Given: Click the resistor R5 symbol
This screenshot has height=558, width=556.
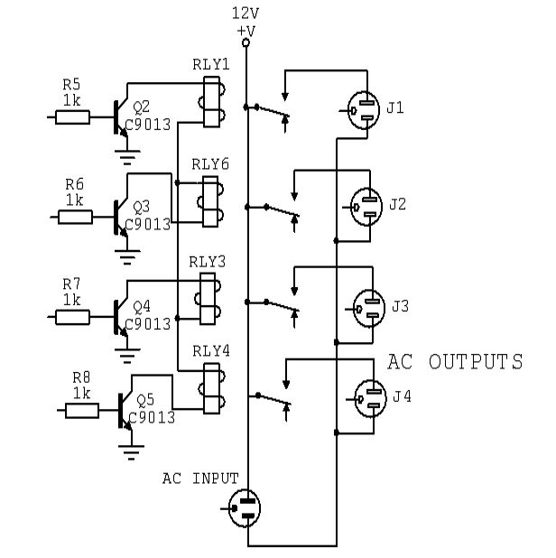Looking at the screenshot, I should [x=72, y=116].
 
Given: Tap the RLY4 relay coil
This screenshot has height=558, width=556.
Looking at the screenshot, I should [x=210, y=388].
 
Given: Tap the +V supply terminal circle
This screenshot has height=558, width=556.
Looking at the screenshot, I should [x=246, y=42].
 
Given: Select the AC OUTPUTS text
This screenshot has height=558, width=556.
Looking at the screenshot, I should [x=455, y=362].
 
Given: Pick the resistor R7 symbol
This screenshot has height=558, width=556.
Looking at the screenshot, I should [x=72, y=317].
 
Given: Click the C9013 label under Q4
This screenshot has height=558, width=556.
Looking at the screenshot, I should [x=147, y=323].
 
